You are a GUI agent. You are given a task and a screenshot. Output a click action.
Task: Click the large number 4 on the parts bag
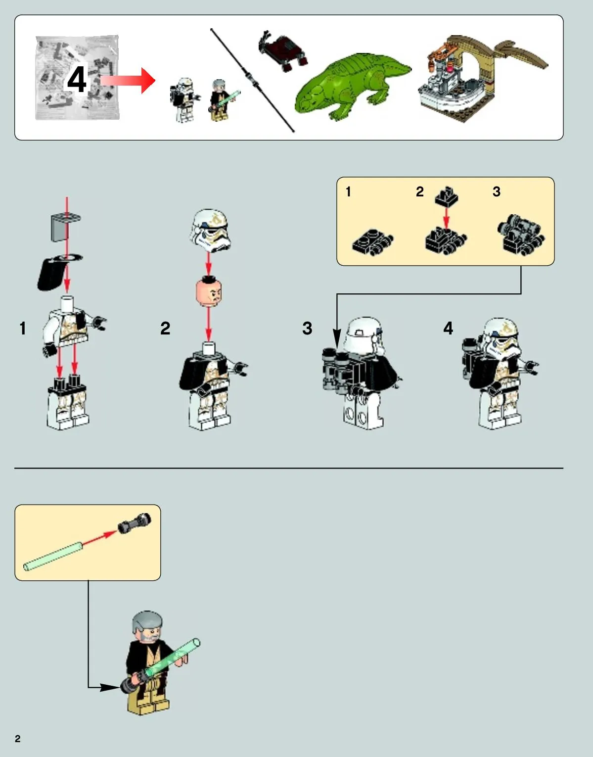coord(77,80)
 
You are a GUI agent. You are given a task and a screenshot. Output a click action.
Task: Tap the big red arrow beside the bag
coord(128,81)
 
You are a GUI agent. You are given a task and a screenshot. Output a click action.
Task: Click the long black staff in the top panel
coord(252,81)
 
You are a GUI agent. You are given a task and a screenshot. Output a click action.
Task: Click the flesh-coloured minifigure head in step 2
coord(208,291)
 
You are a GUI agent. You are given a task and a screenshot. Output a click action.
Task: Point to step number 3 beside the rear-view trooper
coord(307,328)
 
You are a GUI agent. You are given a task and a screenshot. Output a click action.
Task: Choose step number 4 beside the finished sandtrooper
coord(448,328)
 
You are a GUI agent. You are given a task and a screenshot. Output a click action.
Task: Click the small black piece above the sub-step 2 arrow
coord(446,197)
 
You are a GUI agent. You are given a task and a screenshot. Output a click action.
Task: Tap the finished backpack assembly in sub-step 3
coord(521,235)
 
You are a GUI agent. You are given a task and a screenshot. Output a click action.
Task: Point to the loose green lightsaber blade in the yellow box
coord(53,556)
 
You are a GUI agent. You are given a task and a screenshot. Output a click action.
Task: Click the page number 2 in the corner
coord(18,739)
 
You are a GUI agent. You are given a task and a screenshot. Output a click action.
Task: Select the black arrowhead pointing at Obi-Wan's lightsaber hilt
coord(110,687)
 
